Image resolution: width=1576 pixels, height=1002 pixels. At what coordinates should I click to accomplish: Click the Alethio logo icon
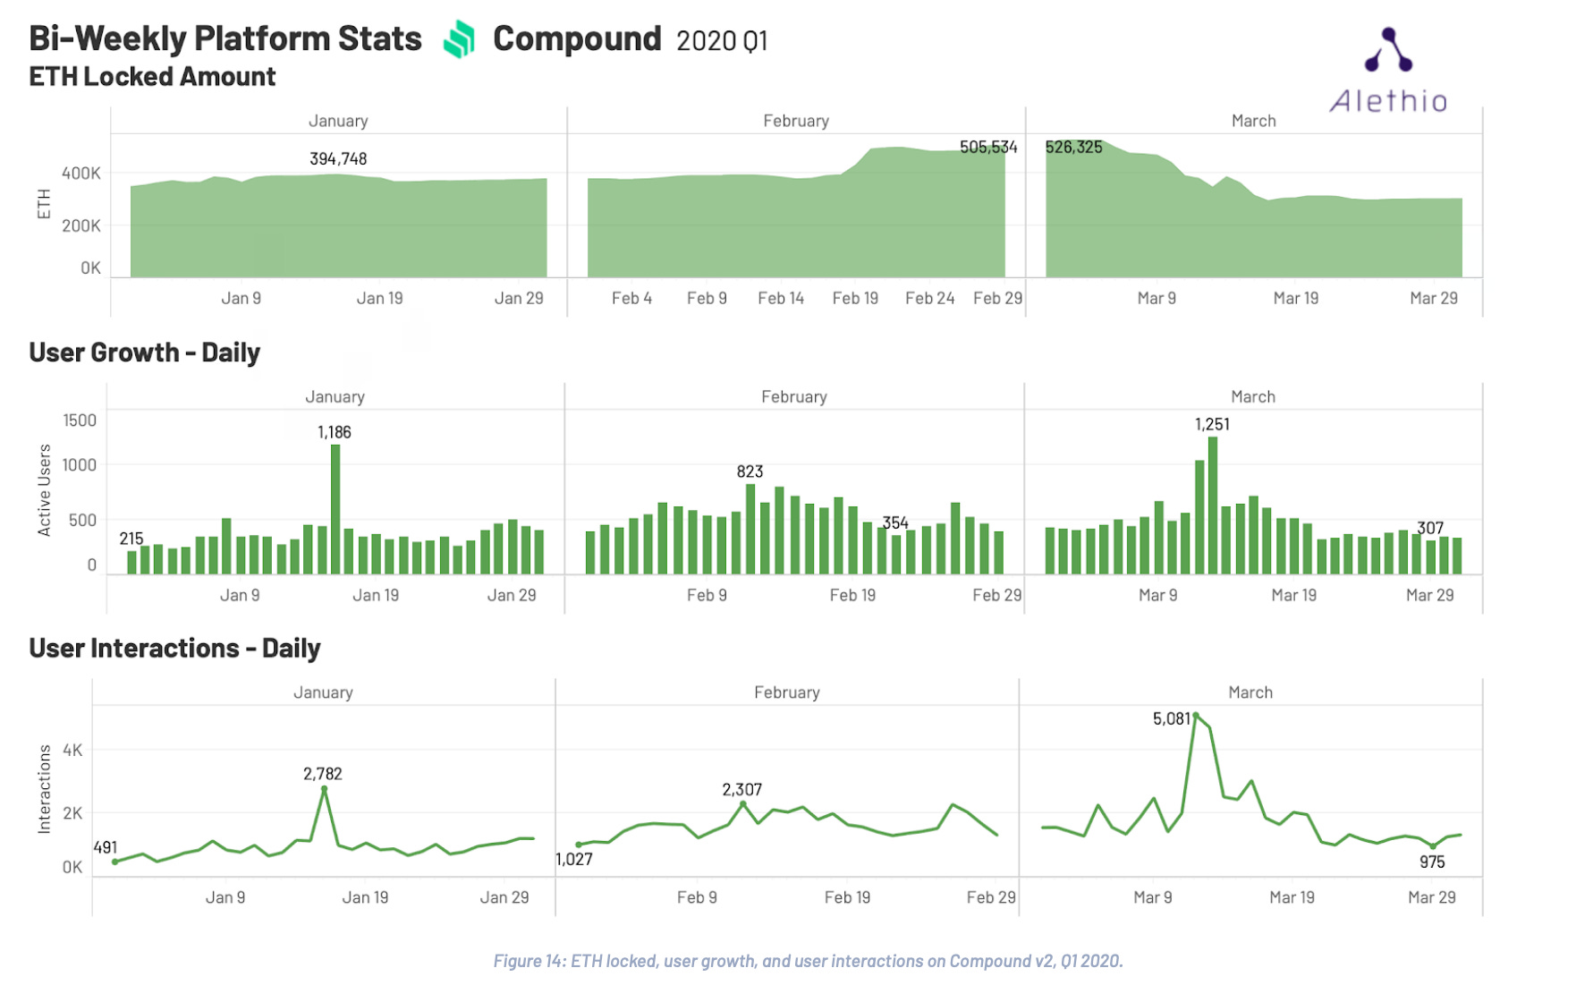click(x=1388, y=50)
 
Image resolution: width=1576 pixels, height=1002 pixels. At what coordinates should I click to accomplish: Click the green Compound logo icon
click(x=459, y=39)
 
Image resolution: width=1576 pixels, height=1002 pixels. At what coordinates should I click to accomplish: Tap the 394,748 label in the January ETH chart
click(x=338, y=158)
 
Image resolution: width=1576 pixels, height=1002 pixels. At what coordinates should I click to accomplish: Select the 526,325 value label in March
click(x=1073, y=147)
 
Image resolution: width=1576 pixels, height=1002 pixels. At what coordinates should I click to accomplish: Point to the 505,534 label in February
click(x=988, y=147)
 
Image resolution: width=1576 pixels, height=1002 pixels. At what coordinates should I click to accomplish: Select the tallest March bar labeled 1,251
click(x=1213, y=505)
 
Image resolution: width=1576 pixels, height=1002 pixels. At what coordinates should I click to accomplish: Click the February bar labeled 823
click(x=750, y=528)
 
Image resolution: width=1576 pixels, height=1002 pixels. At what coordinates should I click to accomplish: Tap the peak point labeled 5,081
click(x=1196, y=716)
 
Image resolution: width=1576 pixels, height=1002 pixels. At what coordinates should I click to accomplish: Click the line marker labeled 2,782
click(x=324, y=789)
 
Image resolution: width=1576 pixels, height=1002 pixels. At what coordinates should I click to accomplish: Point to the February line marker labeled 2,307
click(x=743, y=804)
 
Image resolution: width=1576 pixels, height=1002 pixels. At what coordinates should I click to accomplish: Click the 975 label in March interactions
click(x=1432, y=862)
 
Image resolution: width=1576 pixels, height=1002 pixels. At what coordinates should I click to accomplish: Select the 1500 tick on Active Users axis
click(x=80, y=420)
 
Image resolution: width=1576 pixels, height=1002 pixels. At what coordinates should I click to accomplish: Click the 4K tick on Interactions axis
click(x=72, y=750)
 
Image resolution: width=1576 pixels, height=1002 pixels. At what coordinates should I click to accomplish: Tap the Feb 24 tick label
click(x=929, y=298)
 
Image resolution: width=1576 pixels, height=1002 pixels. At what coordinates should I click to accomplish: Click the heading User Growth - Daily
click(x=144, y=352)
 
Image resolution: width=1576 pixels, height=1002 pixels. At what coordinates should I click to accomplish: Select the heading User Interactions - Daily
click(x=174, y=648)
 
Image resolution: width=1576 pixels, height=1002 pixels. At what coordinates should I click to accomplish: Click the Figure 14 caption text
click(x=808, y=961)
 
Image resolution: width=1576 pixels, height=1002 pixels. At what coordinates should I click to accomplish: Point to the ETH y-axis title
click(x=44, y=204)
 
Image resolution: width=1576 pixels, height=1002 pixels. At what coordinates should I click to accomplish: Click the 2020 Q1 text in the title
click(x=722, y=41)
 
